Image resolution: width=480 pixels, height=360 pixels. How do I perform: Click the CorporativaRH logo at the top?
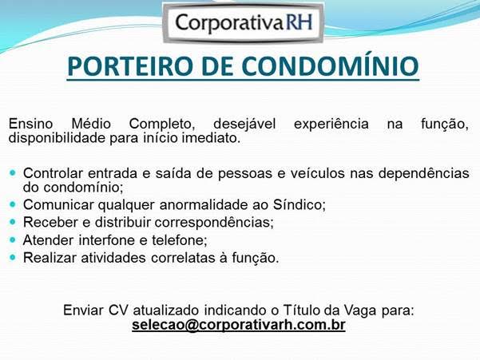[243, 22]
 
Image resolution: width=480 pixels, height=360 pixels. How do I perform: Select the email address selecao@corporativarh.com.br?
[238, 326]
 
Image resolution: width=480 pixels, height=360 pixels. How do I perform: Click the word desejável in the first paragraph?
[244, 124]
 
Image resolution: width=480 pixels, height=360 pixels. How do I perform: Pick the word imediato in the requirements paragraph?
[212, 138]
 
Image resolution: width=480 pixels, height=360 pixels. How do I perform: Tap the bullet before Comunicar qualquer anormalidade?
[13, 204]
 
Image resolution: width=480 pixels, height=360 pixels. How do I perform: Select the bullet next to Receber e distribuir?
[13, 221]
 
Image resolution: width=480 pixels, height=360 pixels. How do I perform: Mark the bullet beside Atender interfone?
[13, 239]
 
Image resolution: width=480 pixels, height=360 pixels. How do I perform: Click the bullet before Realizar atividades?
[13, 257]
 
